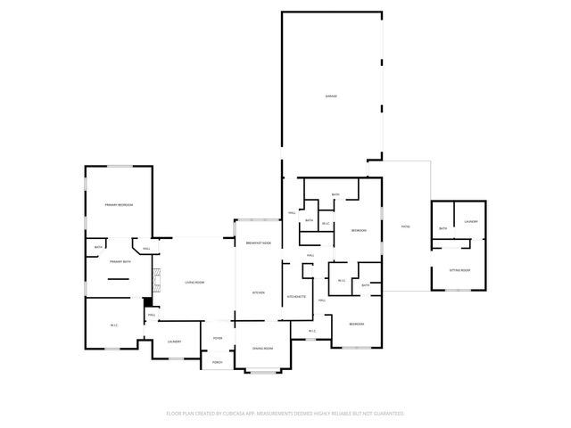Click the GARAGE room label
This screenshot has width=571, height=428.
coord(331,95)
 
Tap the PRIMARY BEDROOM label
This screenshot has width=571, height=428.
coord(119,205)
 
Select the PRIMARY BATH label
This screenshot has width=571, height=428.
coord(120,262)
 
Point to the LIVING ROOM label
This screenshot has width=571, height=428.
coord(194,283)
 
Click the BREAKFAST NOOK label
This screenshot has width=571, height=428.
coord(258,243)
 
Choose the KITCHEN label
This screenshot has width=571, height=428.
coord(258,292)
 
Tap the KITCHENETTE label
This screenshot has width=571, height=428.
coord(297,296)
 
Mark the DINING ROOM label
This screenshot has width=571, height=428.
coord(262,348)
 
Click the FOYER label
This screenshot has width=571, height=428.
coord(218,338)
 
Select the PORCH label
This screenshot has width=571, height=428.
coord(218,361)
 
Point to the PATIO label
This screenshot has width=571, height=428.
coord(405,226)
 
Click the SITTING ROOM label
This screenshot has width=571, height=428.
coord(459,269)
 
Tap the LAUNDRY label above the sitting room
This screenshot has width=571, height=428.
coord(470,221)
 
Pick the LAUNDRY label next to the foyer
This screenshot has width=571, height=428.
coord(174,342)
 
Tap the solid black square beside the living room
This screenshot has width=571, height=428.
coord(149,301)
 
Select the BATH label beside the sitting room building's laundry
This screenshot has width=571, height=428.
coord(443,229)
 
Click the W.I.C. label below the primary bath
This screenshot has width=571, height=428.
coord(114,325)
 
